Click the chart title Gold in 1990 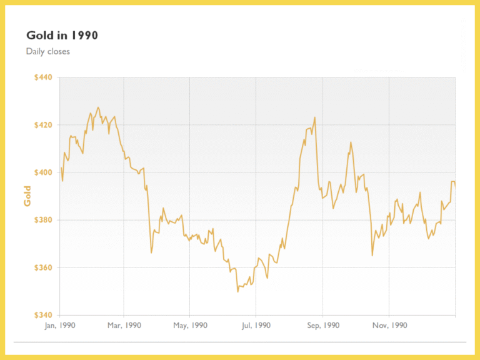point(62,36)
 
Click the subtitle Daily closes point(48,51)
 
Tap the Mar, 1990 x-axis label point(124,325)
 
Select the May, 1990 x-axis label point(189,325)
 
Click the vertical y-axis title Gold point(27,196)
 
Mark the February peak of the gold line point(97,107)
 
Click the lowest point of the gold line point(237,291)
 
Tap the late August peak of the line point(314,117)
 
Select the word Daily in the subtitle point(36,51)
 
